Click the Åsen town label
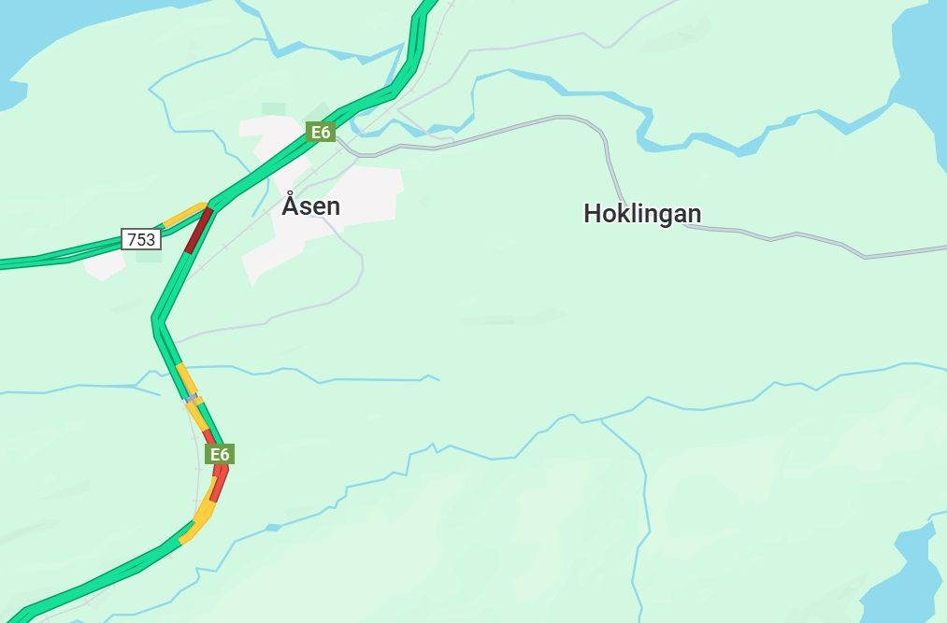click(x=311, y=206)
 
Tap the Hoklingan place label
click(x=642, y=214)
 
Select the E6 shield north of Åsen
click(x=321, y=132)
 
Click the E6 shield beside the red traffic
click(x=219, y=454)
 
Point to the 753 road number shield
click(x=140, y=239)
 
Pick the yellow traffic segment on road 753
click(x=185, y=214)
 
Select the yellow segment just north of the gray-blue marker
click(x=185, y=379)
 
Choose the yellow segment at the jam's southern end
click(x=199, y=519)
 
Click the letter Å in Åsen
click(x=292, y=205)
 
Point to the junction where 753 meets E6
click(x=210, y=205)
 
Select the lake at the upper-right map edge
click(x=921, y=56)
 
